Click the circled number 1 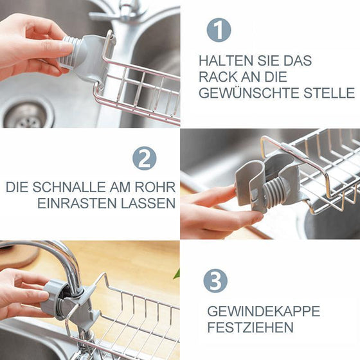pyautogui.click(x=218, y=30)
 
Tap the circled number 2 pyautogui.click(x=144, y=158)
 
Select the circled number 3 pyautogui.click(x=215, y=281)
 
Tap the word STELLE pyautogui.click(x=332, y=93)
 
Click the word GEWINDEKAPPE pyautogui.click(x=263, y=311)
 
